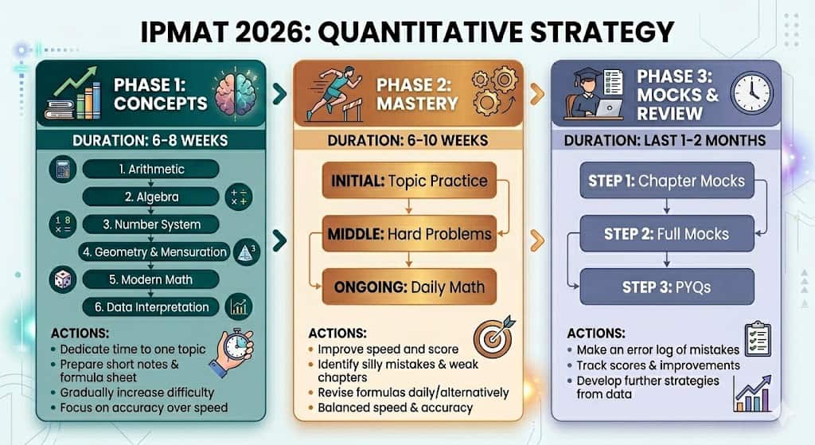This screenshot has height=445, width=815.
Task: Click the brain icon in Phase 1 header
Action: pyautogui.click(x=236, y=92)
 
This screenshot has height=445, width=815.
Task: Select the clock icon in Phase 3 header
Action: pyautogui.click(x=751, y=94)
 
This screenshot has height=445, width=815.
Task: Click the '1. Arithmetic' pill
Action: pyautogui.click(x=150, y=169)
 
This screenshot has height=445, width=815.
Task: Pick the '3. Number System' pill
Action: pyautogui.click(x=150, y=224)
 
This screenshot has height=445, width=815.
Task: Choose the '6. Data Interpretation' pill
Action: pyautogui.click(x=150, y=307)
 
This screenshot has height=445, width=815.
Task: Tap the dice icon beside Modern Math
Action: pyautogui.click(x=63, y=279)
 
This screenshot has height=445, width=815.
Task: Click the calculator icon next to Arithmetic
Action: pyautogui.click(x=63, y=169)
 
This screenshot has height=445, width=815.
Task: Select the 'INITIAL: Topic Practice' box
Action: pyautogui.click(x=409, y=181)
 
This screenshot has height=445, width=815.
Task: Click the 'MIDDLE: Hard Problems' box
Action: pyautogui.click(x=409, y=234)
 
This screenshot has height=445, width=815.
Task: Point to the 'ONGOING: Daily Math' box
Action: pyautogui.click(x=409, y=287)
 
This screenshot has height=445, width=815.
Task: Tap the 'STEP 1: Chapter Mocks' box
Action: pyautogui.click(x=667, y=181)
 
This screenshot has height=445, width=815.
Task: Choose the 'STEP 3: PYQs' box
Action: pyautogui.click(x=667, y=287)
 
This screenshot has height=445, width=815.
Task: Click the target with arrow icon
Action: pyautogui.click(x=493, y=336)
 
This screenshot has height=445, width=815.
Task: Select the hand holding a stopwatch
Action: pyautogui.click(x=232, y=352)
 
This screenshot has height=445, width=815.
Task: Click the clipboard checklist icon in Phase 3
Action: pyautogui.click(x=758, y=339)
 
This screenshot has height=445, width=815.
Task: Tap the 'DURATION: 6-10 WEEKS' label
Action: pyautogui.click(x=408, y=140)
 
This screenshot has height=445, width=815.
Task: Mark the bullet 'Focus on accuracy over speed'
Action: pyautogui.click(x=138, y=408)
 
